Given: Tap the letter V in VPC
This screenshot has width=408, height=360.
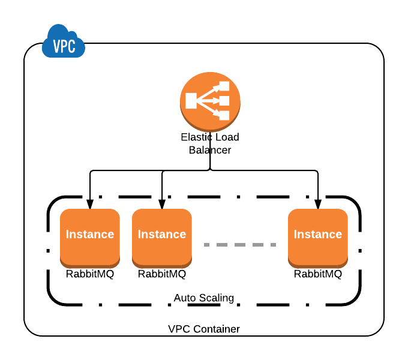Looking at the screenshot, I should pos(56,47).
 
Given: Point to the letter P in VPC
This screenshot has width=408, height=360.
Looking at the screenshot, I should pos(64,47).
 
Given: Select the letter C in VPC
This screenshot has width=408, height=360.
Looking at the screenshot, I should pos(71,47).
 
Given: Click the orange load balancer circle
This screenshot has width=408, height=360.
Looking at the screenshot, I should pos(210,101).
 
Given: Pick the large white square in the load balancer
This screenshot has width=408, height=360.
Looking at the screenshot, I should pos(191,101).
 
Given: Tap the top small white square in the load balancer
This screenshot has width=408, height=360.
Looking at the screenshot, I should pos(224,86).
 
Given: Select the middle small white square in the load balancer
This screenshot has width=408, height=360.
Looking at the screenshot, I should pos(224,101).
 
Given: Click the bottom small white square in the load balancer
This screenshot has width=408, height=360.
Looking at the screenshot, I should pos(224,115).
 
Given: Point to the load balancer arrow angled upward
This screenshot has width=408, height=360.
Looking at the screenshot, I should pos(209,93).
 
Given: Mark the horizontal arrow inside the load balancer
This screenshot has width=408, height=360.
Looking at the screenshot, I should pos(209,101).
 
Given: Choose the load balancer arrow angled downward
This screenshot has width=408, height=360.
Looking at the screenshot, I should pos(209,109).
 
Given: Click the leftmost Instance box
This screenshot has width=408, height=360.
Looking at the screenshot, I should pos(90,237).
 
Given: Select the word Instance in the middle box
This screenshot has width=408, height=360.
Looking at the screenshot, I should pos(162,235).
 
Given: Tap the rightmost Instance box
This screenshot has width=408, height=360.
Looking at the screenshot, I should pos(318,237).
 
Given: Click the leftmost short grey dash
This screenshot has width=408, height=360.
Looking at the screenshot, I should pos(206,245).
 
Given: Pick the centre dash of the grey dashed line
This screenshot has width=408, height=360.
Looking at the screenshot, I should pos(240,245).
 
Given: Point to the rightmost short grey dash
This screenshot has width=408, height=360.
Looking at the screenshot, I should pos(273,245).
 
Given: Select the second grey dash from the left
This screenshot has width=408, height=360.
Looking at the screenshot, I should pos(222,245).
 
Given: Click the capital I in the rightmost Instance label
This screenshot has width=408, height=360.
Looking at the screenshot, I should pos(295,235).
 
